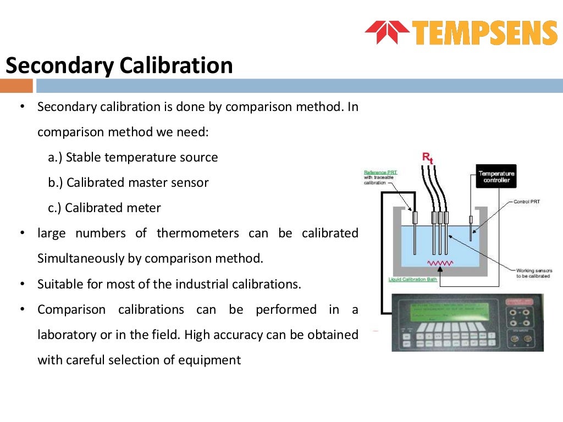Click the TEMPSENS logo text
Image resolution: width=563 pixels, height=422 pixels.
484,33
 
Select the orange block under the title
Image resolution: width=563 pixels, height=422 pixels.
16,86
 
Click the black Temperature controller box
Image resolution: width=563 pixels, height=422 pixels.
496,176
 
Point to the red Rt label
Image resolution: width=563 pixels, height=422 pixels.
427,157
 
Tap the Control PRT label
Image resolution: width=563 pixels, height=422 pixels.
526,202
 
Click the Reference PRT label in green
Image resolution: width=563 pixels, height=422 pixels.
380,173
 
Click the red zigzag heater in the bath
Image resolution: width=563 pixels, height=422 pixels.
440,263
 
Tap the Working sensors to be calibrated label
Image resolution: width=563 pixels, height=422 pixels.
533,273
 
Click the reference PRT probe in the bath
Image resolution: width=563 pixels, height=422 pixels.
415,231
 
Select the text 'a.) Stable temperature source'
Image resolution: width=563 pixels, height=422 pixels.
133,158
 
